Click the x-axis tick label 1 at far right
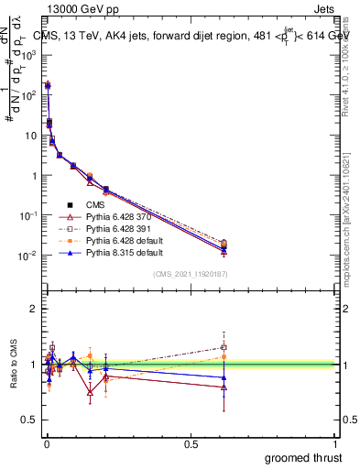click(337, 443)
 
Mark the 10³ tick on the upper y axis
click(28, 55)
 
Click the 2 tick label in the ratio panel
click(33, 309)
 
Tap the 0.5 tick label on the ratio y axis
click(29, 420)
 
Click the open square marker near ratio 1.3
click(224, 347)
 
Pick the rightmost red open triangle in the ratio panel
click(224, 387)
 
